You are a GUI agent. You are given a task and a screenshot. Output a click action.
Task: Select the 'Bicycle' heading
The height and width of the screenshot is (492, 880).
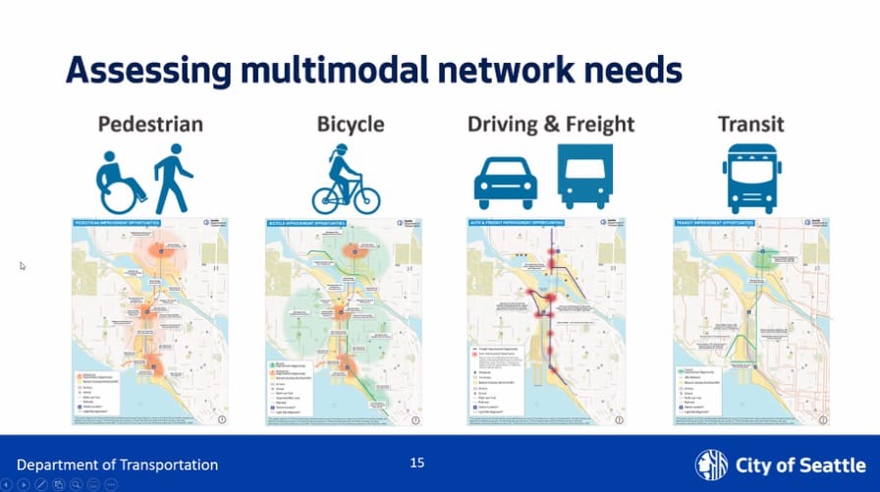[x=350, y=125]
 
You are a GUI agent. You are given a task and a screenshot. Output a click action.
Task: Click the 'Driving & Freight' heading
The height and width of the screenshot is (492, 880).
[x=551, y=125]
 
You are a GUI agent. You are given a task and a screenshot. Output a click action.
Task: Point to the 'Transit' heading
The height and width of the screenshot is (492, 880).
[x=751, y=125]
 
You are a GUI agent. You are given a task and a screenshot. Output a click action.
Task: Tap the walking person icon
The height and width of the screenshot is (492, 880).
[x=173, y=178]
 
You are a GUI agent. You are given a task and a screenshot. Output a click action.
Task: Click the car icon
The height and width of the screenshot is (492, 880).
[x=506, y=183]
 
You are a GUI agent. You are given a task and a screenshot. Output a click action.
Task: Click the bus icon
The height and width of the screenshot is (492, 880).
[x=751, y=178]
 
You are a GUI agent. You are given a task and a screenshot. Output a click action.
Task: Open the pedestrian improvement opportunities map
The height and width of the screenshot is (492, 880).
[x=145, y=322]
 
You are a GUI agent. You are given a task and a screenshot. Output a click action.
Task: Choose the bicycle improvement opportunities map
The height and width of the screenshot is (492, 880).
[x=347, y=322]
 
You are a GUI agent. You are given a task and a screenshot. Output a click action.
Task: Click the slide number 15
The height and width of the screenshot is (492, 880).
[x=417, y=463]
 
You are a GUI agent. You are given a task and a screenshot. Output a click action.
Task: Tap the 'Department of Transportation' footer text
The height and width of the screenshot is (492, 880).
[x=117, y=465]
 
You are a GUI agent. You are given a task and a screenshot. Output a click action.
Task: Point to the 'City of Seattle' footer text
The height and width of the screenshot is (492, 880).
[x=799, y=465]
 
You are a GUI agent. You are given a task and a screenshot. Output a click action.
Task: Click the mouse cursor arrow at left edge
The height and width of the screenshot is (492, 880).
[x=23, y=265]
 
